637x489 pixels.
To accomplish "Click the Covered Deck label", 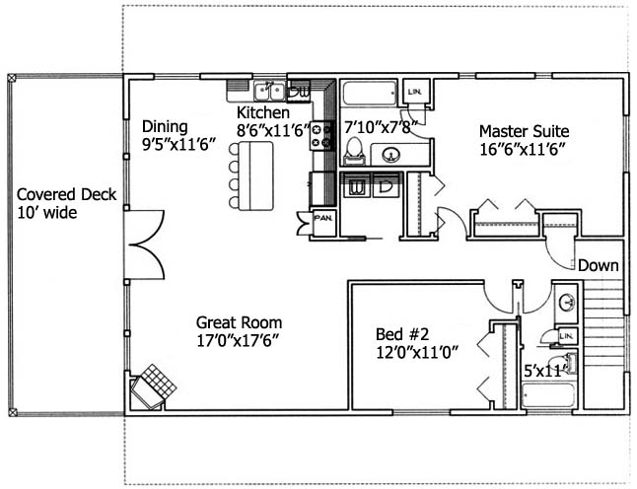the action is click(x=67, y=194).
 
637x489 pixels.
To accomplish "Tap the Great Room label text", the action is click(x=240, y=323).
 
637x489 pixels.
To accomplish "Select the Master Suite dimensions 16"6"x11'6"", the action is click(x=524, y=150).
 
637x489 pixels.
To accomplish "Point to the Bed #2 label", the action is click(x=402, y=334).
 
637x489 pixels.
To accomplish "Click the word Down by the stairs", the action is click(x=598, y=265).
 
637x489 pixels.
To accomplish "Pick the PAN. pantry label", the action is click(x=323, y=218).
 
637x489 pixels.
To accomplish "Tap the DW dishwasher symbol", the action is click(x=299, y=91).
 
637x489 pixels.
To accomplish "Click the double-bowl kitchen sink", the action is click(x=269, y=91).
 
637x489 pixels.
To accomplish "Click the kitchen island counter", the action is click(x=256, y=175).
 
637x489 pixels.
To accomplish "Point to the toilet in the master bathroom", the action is click(x=355, y=151).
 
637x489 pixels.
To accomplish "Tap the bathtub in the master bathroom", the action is click(x=369, y=94).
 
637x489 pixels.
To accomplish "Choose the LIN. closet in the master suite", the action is click(x=414, y=93).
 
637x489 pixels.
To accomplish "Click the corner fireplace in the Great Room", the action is click(x=154, y=386).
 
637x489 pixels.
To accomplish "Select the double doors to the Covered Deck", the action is click(x=145, y=244).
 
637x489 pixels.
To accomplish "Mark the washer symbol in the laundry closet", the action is click(x=356, y=187).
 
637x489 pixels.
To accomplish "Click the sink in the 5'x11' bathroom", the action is click(x=566, y=302).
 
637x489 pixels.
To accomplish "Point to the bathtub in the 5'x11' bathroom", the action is click(x=547, y=396).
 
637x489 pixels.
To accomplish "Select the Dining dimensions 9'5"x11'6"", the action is click(x=177, y=145).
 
